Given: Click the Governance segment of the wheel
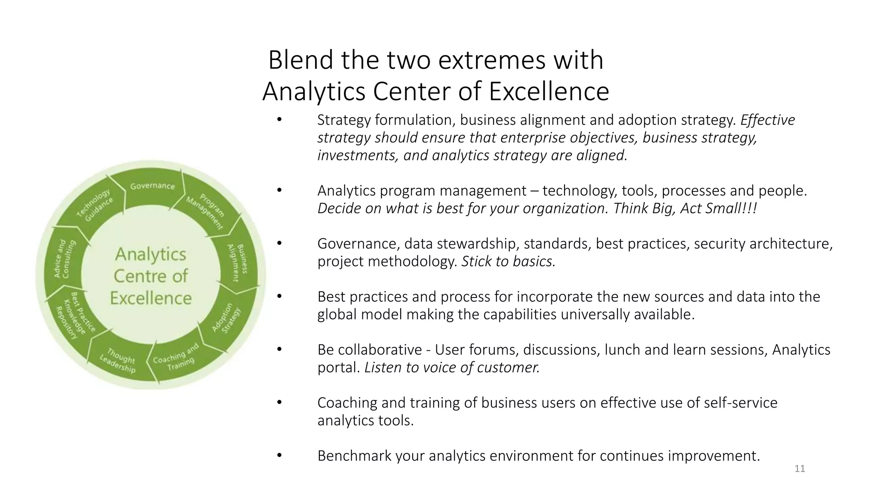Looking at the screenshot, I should (152, 186).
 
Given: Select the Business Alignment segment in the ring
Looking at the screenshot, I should (237, 263).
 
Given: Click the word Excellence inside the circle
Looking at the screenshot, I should (151, 298).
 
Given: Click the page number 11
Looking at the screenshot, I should (800, 469).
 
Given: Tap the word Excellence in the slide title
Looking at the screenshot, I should (549, 91).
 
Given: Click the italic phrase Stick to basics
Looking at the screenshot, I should (508, 261).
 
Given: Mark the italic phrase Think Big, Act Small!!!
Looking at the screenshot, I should (685, 208).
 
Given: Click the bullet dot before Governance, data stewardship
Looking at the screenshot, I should (279, 243).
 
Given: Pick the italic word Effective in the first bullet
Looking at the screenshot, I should (767, 120).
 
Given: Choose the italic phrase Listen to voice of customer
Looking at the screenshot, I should (452, 367).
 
